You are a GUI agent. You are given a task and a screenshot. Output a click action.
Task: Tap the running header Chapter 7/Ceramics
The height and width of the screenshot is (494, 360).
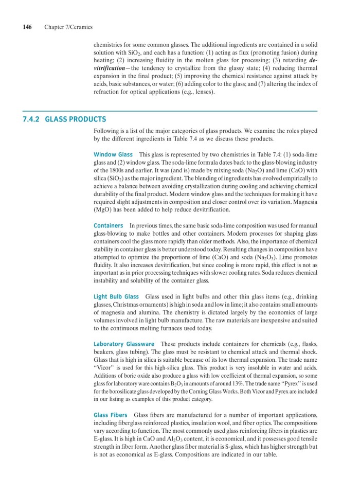point(68,27)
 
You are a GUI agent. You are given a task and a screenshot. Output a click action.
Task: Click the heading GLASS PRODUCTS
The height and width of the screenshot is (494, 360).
point(76,119)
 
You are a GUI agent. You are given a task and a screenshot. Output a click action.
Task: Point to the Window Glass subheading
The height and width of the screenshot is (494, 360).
point(113,154)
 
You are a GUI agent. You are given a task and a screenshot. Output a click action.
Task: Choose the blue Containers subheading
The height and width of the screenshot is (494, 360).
point(108,225)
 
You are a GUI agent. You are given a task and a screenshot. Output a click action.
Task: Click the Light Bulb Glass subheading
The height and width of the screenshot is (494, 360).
point(116,296)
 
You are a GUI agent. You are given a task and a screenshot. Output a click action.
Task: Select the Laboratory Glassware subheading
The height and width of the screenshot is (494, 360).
point(124,344)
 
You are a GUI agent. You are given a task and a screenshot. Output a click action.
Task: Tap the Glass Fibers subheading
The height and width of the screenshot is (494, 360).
point(111,415)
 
